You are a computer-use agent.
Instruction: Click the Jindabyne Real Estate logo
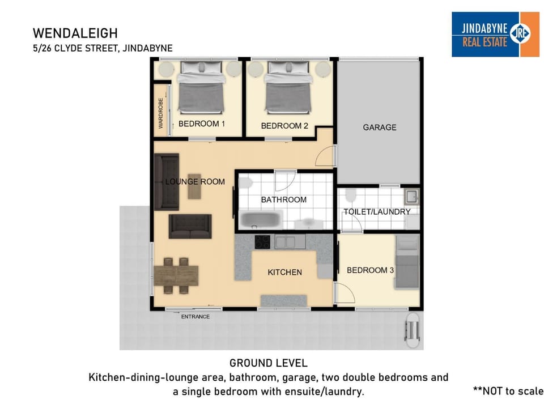coord(495,35)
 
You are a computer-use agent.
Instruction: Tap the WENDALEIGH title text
coord(75,33)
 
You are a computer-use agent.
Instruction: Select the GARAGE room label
coord(380,127)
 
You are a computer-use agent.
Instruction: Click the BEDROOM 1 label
coord(202,124)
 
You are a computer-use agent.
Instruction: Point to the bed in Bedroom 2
coord(288,87)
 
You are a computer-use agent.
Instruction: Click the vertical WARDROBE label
coord(160,113)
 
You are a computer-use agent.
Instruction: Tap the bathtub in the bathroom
coord(261,219)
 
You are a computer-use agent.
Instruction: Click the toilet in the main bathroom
coord(245,183)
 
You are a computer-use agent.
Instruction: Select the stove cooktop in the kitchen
coord(262,242)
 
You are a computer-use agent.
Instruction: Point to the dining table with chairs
coord(176,276)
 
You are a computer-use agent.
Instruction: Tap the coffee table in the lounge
coord(194,186)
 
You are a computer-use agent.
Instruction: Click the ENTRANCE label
coord(195,316)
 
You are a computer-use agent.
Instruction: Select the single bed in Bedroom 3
coord(407,262)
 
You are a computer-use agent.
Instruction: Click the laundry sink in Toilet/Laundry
coord(412,197)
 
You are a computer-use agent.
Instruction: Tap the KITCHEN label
coord(285,273)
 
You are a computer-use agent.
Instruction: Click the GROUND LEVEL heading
coord(269,363)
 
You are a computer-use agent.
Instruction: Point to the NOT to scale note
coord(508,391)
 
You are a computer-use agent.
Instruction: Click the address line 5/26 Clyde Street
coord(103,48)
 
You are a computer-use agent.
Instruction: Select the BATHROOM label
coord(284,199)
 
